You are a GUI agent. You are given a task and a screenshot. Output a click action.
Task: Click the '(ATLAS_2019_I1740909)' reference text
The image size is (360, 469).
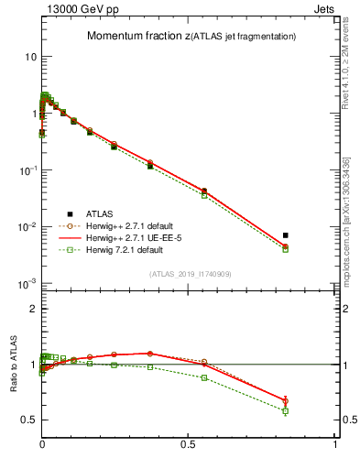pyautogui.click(x=191, y=274)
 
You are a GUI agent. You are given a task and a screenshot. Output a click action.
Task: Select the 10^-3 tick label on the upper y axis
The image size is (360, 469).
pyautogui.click(x=27, y=284)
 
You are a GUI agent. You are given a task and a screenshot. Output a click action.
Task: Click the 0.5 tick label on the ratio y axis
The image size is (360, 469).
pyautogui.click(x=27, y=420)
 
